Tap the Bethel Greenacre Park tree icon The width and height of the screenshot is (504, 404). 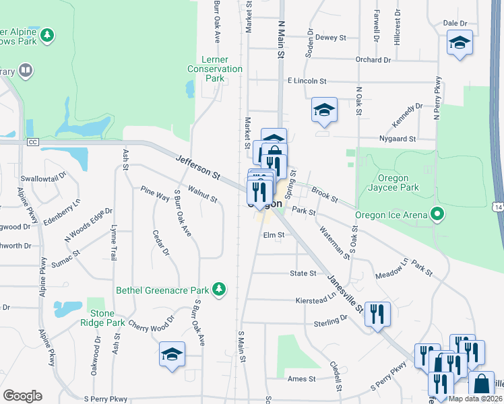point(218,290)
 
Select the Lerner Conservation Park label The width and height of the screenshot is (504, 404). point(214,69)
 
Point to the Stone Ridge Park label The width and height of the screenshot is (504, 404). point(107,318)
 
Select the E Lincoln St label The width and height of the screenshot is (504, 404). point(307,81)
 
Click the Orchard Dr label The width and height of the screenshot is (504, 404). point(373,59)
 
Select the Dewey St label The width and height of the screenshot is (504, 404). point(330,38)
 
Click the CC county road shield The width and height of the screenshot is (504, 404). point(32,142)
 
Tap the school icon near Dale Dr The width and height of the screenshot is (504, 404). point(460,43)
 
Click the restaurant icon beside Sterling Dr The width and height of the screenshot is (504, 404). point(377,313)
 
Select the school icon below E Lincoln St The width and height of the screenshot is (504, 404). point(324,110)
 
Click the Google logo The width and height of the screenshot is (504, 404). point(22,396)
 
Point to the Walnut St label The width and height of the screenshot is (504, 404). point(203,195)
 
